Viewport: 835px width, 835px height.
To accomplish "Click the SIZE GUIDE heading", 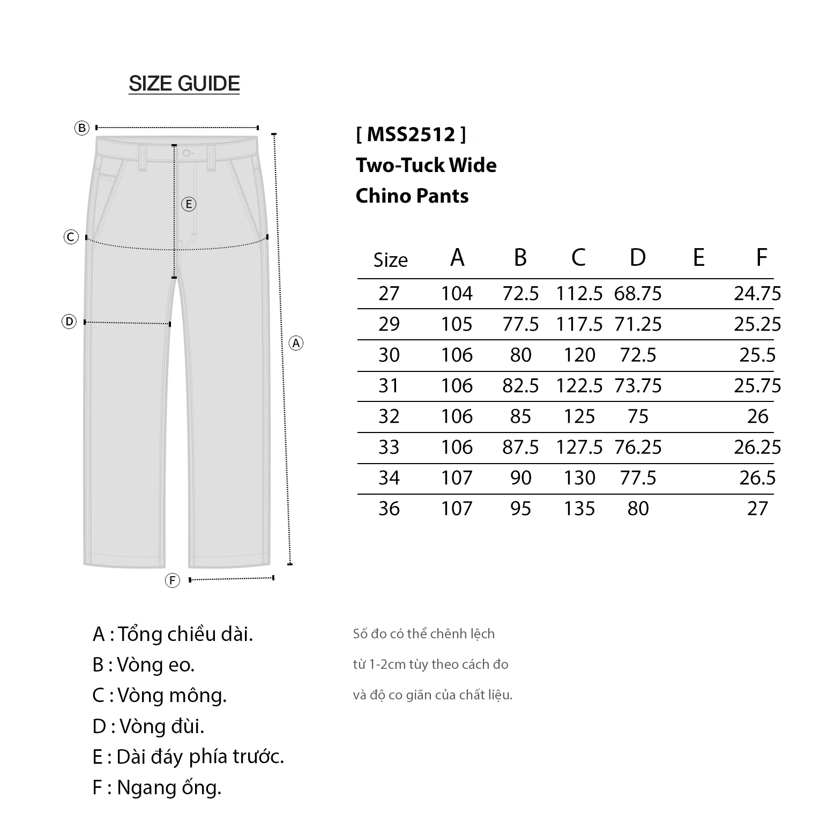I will [x=184, y=84].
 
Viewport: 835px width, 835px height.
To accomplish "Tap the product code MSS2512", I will [x=411, y=134].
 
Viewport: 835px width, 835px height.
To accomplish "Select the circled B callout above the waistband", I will [x=81, y=128].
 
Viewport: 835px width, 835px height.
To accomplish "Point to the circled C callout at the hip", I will [x=71, y=237].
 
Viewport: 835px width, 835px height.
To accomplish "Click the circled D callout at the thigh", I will [x=69, y=322].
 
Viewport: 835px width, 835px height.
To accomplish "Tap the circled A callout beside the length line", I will [x=296, y=343].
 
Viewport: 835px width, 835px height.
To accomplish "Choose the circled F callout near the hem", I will [x=172, y=580].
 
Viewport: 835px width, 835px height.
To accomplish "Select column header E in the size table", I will [x=698, y=258].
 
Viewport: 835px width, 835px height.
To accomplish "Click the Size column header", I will [x=390, y=260].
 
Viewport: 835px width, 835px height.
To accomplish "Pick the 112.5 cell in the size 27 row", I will [x=579, y=294].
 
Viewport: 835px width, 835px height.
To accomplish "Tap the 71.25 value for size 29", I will [x=638, y=324].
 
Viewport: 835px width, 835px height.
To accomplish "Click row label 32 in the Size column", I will [x=389, y=416].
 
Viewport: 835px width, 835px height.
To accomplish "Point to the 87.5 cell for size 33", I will [x=520, y=447].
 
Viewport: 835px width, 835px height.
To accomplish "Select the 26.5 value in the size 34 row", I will [x=757, y=478].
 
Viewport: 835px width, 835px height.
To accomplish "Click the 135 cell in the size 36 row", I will [x=579, y=509].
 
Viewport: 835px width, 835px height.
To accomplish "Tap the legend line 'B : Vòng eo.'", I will [x=144, y=665].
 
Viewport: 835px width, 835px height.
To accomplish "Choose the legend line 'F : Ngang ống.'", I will [x=156, y=787].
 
